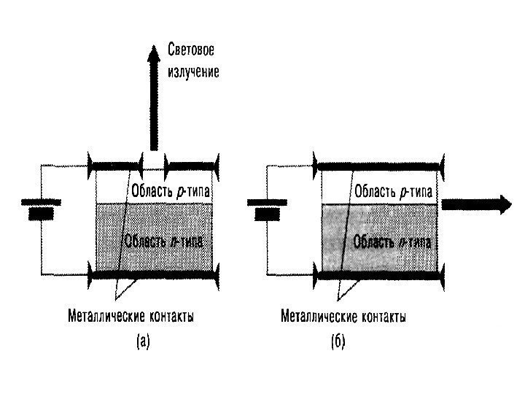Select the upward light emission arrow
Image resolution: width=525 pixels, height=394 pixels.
pyautogui.click(x=154, y=95)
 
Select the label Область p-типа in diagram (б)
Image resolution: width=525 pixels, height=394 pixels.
pyautogui.click(x=394, y=193)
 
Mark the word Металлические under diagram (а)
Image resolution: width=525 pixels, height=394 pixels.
pyautogui.click(x=97, y=317)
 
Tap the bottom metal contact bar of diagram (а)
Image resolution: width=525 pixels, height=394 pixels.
pyautogui.click(x=153, y=275)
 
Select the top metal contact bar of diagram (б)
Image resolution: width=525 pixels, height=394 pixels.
pyautogui.click(x=378, y=165)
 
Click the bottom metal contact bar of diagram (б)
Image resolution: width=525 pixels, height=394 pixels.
pyautogui.click(x=378, y=275)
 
